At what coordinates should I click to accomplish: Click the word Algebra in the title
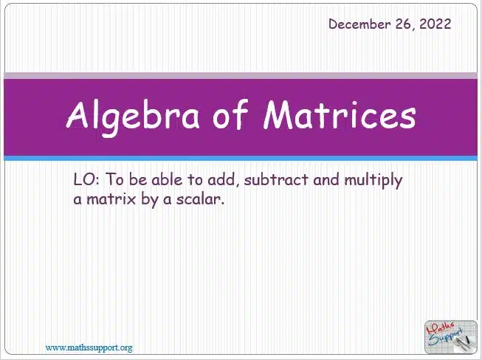(x=132, y=116)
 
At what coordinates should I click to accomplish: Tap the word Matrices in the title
(x=340, y=114)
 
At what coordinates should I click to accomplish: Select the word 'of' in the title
(x=230, y=114)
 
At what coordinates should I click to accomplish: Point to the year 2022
(x=435, y=24)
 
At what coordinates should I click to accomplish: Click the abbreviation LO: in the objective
(x=86, y=179)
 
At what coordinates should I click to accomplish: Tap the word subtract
(x=276, y=179)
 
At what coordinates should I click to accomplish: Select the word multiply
(x=373, y=180)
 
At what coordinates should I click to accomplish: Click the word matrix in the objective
(x=111, y=199)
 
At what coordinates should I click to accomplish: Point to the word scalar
(x=200, y=199)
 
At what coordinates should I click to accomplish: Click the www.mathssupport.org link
(x=89, y=348)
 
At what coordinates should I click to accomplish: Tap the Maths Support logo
(x=451, y=337)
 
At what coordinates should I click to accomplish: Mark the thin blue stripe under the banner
(x=241, y=158)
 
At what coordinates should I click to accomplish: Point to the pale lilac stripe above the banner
(x=241, y=75)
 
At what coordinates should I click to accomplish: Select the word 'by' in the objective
(x=150, y=200)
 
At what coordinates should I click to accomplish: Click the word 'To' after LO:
(x=114, y=179)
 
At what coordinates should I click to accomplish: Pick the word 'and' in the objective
(x=326, y=179)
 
